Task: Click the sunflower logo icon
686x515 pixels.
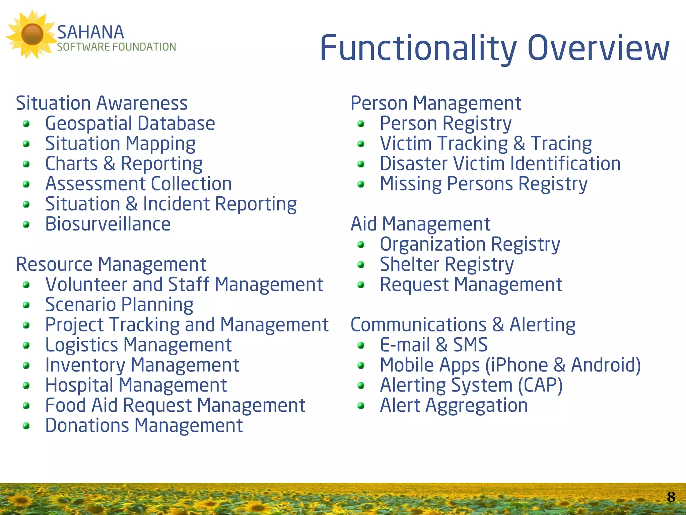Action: pos(32,34)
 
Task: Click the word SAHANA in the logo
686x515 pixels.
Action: pos(90,33)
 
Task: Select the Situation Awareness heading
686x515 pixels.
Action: pos(101,103)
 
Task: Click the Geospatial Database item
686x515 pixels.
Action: pos(130,123)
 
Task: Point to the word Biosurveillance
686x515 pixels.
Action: pos(108,224)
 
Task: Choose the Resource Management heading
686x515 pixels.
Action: pos(111,264)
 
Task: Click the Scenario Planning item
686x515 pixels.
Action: pos(119,305)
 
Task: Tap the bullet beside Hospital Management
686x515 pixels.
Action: pos(26,386)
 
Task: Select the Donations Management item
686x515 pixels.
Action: pos(144,425)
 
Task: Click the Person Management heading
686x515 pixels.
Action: pos(436,103)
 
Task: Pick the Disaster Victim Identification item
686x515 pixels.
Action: pos(500,164)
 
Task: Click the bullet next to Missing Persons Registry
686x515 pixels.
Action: pos(361,184)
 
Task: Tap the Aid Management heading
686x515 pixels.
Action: pos(420,224)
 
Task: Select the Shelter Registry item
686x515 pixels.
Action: pos(447,264)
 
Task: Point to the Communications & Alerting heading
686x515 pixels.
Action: pos(463,325)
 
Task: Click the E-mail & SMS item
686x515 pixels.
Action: pos(433,345)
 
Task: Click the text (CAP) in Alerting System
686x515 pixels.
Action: pos(540,385)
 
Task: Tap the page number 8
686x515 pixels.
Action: pos(671,497)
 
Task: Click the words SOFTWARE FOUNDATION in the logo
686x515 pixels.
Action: pos(116,47)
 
